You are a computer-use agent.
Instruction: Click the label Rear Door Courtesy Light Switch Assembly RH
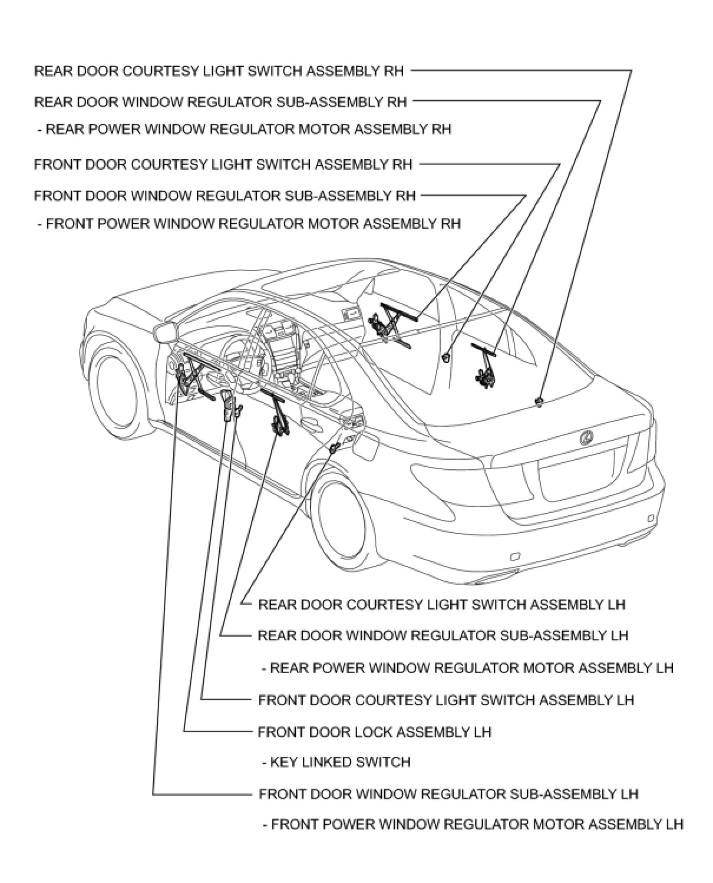[219, 71]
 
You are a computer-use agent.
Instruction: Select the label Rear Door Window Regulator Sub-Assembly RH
[220, 103]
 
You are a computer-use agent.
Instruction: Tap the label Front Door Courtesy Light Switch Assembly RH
[223, 164]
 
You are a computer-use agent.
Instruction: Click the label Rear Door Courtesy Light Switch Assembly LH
[441, 605]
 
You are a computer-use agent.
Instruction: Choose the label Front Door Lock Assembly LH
[375, 732]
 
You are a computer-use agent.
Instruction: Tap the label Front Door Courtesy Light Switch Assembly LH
[446, 700]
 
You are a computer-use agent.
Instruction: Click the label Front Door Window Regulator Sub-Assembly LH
[448, 794]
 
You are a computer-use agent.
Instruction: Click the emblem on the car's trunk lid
[587, 437]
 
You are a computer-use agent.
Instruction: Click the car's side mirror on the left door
[166, 333]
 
